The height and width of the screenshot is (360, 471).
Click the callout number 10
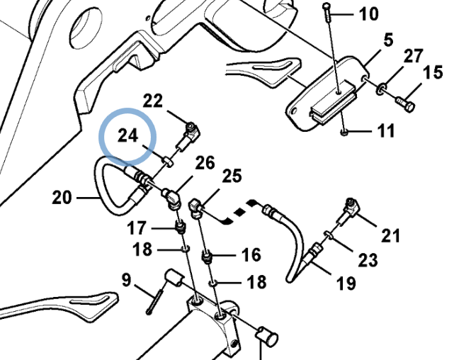point(368,14)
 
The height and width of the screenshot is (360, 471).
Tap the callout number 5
point(387,42)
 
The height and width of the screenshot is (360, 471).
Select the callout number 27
point(413,57)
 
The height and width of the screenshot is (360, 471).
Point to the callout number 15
point(433,72)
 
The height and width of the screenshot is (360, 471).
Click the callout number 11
point(385,133)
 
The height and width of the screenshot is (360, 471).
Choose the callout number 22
point(152,101)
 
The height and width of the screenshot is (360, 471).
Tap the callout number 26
point(205,164)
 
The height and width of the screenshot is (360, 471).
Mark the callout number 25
point(232,176)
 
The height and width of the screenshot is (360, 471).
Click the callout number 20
point(62,198)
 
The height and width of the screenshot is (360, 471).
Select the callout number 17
point(137,228)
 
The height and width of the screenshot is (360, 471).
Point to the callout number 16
point(251,254)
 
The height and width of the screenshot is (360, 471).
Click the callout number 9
point(126,281)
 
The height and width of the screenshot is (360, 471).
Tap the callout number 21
point(391,235)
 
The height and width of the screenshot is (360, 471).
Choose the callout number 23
point(368,260)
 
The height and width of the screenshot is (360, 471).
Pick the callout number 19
point(346,285)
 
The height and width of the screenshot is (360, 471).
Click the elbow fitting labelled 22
point(191,131)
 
